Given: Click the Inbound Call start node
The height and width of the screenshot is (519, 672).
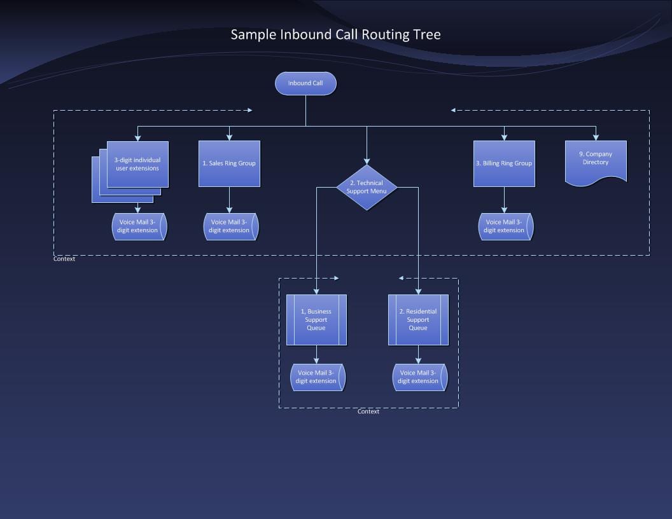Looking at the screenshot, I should click(305, 83).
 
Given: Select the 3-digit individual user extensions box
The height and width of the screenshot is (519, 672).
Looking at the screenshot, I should click(137, 164).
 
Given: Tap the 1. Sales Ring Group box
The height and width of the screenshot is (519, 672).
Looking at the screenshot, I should click(229, 163).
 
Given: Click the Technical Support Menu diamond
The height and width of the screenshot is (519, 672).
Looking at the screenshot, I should click(367, 187).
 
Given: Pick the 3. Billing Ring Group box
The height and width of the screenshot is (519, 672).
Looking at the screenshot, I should click(504, 163).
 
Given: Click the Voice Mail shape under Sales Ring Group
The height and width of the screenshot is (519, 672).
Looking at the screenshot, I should click(230, 226).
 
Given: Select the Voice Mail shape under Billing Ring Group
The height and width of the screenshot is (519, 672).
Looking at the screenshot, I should click(505, 226).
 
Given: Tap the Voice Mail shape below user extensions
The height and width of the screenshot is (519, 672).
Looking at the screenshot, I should click(139, 226).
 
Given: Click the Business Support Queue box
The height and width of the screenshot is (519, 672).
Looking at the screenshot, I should click(316, 319).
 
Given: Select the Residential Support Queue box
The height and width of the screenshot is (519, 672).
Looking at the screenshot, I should click(418, 319).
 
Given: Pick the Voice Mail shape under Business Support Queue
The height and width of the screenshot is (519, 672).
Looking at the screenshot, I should click(317, 377).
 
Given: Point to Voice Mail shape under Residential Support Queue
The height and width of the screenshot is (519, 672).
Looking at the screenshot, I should click(419, 377).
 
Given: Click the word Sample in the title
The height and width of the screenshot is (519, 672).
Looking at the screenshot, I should click(253, 34).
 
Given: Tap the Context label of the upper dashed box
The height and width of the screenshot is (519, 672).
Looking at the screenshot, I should click(64, 259).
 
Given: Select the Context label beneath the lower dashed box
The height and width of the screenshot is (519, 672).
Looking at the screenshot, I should click(368, 412).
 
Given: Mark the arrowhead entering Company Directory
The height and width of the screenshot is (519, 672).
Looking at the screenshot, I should click(596, 137).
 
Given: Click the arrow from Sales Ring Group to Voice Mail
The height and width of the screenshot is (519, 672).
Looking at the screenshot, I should click(229, 200).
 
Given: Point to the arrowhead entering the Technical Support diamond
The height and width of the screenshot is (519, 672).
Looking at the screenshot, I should click(367, 162).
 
